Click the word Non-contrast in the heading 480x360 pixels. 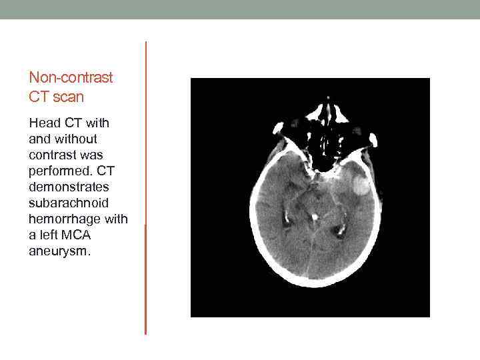[x=71, y=77]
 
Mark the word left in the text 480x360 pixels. [x=46, y=235]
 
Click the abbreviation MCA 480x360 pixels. [x=73, y=235]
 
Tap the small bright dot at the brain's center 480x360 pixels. [x=313, y=216]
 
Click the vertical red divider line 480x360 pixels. [x=145, y=187]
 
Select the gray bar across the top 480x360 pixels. [x=240, y=9]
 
